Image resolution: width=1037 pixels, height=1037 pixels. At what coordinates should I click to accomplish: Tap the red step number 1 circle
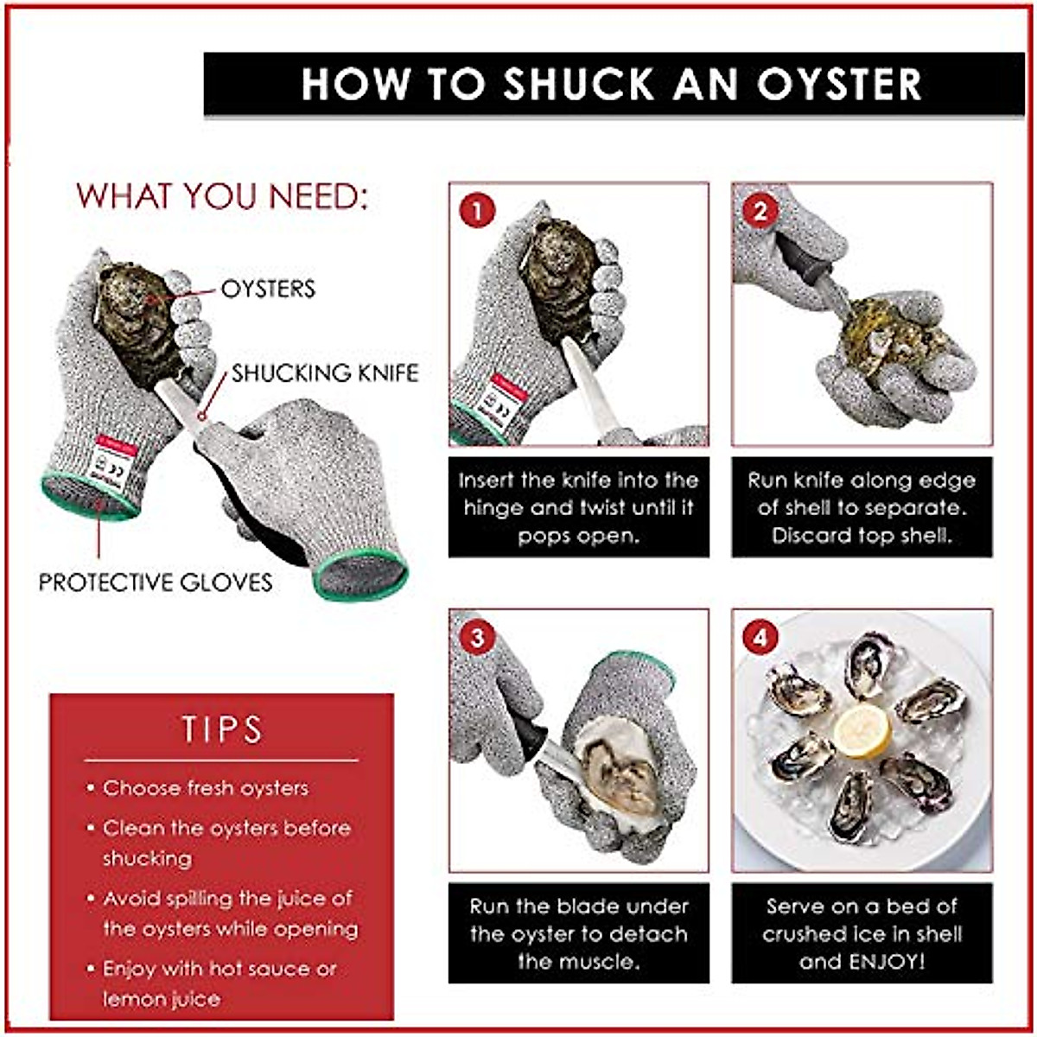(477, 210)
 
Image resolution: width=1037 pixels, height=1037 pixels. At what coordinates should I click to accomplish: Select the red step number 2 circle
(760, 210)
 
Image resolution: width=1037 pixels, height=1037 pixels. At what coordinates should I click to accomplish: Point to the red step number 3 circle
(477, 638)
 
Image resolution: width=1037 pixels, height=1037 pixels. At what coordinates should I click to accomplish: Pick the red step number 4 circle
(760, 638)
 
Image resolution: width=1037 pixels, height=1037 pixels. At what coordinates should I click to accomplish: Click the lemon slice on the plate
(862, 730)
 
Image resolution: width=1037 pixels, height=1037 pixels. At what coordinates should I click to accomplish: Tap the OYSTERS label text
(268, 289)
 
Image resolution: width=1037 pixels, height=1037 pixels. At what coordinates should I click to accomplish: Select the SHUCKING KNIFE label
(325, 372)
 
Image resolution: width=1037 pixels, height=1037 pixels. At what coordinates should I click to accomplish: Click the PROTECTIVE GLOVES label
(156, 582)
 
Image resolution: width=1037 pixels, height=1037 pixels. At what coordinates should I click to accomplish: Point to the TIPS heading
(221, 728)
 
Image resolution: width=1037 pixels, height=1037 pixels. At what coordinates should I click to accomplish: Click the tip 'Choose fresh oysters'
(205, 788)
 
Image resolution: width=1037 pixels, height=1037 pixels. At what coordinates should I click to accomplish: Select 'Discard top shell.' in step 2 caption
(861, 535)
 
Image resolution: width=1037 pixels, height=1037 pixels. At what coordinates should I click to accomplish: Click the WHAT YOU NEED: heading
(222, 196)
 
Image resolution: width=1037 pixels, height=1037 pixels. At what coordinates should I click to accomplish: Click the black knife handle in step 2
(797, 257)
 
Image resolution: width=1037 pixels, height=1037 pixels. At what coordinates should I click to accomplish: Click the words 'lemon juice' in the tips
(162, 999)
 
